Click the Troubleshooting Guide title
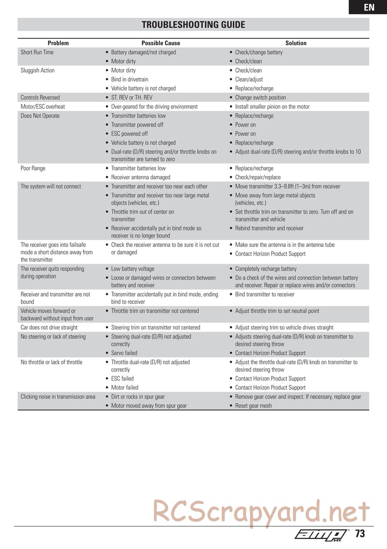coord(193,25)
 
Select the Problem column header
coord(58,43)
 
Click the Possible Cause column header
coord(161,43)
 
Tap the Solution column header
coord(296,43)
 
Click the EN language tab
coord(369,7)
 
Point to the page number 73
coord(360,534)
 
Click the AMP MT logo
coord(321,534)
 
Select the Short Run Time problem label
coord(37,52)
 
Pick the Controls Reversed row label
coord(40,97)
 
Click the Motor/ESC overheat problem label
coord(43,106)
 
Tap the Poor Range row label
coord(33,168)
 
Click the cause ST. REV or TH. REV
coord(132,97)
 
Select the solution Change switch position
coord(260,97)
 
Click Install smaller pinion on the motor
coord(272,106)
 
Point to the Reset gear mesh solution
coord(253,406)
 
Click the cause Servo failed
coord(124,353)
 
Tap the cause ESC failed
coord(122,379)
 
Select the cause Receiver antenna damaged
coord(140,177)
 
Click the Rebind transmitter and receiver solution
coord(269,228)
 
